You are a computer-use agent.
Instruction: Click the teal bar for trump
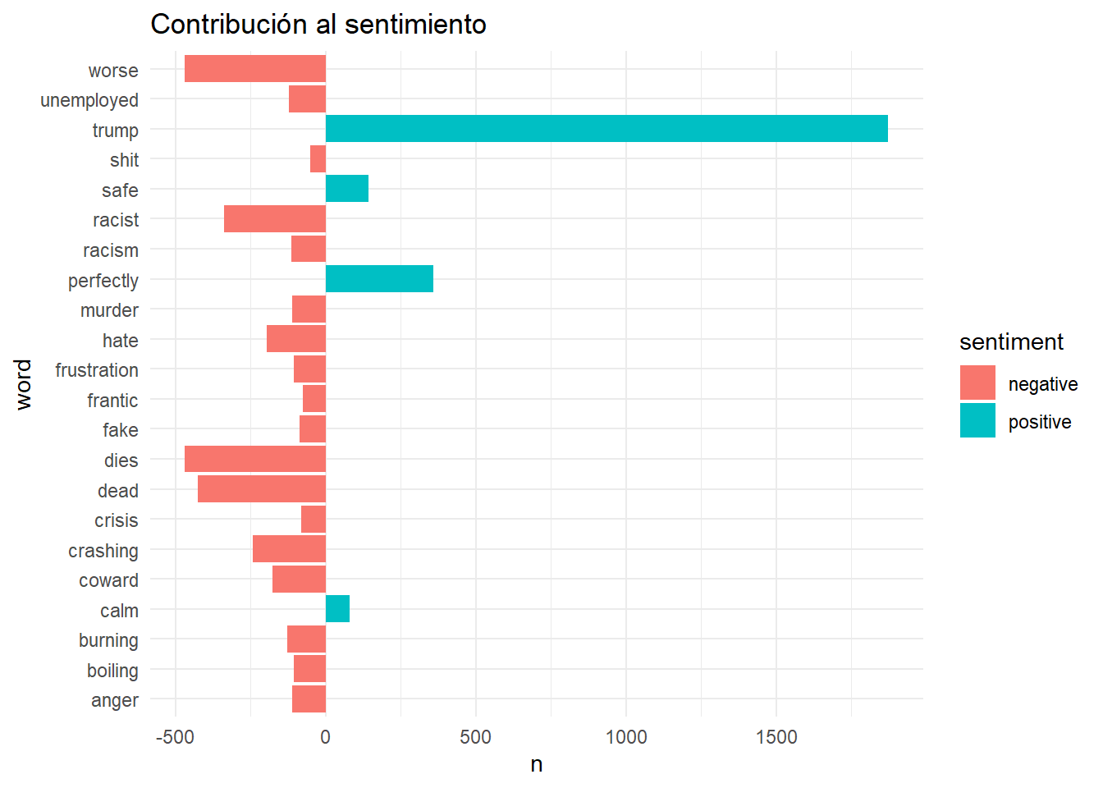point(606,129)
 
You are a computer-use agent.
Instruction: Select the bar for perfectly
point(379,279)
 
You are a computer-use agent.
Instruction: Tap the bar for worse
point(255,69)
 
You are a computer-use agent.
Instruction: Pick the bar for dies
point(255,459)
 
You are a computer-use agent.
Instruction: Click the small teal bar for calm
point(337,609)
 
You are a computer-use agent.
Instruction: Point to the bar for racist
point(275,219)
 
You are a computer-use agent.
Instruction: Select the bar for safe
point(347,189)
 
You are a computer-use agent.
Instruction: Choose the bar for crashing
point(289,549)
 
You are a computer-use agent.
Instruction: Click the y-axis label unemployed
point(89,100)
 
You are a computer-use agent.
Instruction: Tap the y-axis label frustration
point(97,370)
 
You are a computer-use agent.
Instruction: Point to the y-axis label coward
point(108,580)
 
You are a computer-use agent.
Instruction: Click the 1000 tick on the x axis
point(626,737)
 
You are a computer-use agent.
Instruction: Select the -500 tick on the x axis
point(175,737)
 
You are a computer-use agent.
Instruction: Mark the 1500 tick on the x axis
point(776,737)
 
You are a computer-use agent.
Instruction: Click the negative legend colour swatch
point(977,383)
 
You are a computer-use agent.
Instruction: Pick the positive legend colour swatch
point(977,421)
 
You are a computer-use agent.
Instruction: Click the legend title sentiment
point(1011,342)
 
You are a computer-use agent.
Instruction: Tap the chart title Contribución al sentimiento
point(318,25)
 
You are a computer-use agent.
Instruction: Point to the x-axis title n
point(537,765)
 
